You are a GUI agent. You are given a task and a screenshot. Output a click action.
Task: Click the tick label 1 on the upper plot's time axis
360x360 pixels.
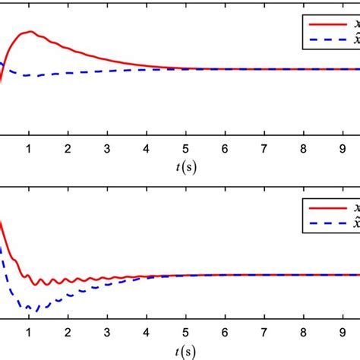click(29, 149)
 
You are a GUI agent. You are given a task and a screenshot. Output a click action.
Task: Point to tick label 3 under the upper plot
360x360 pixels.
click(107, 149)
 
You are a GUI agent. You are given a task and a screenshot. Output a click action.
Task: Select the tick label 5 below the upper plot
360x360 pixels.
click(186, 149)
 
